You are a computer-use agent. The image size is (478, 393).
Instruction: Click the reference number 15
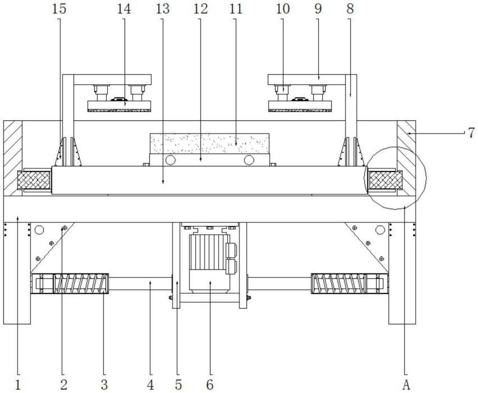(59, 9)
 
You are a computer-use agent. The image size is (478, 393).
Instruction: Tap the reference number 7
(471, 133)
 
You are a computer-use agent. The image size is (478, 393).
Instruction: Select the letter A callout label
(406, 385)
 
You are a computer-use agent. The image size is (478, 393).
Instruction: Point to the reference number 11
(236, 9)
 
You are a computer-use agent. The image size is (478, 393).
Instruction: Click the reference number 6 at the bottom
(210, 385)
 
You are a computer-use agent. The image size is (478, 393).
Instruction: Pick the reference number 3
(104, 385)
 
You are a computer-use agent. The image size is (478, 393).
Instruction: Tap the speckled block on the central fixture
(210, 143)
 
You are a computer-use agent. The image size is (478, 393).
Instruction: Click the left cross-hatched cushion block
(34, 180)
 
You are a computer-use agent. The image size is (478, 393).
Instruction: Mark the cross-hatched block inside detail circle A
(385, 180)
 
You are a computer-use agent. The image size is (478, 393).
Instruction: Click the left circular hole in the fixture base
(170, 160)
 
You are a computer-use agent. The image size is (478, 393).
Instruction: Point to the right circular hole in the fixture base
(249, 160)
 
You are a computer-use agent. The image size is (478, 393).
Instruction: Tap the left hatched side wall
(13, 158)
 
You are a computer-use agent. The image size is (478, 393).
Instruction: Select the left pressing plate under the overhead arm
(119, 106)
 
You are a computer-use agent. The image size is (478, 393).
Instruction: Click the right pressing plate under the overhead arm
(300, 106)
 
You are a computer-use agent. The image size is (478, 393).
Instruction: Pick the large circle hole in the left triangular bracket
(39, 230)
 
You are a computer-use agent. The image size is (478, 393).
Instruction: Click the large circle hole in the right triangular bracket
(380, 230)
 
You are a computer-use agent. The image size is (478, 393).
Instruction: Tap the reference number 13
(163, 9)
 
